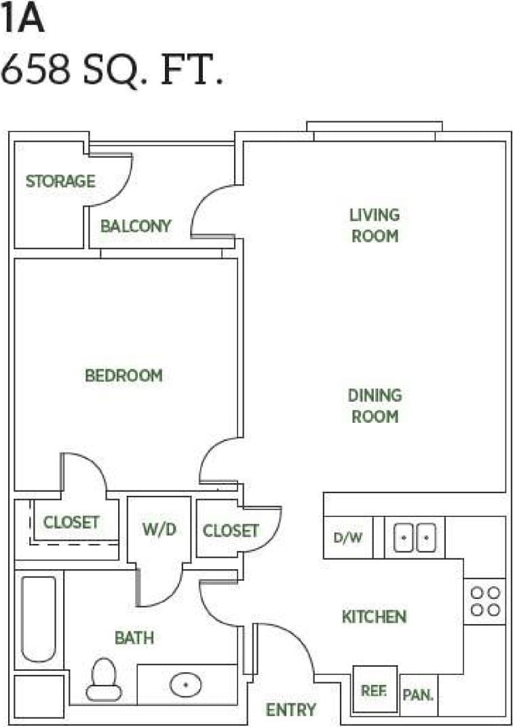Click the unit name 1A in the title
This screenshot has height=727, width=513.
(22, 20)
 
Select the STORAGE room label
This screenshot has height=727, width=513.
(60, 182)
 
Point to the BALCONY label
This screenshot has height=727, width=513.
(136, 226)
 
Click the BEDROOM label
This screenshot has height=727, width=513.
(123, 375)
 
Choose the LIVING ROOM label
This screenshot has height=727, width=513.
(374, 226)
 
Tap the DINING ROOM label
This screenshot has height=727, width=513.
(375, 405)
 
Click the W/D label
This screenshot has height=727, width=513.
(159, 529)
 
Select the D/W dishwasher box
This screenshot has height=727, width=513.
(348, 538)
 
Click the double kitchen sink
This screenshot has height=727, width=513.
(415, 537)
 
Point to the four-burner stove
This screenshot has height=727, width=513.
(484, 601)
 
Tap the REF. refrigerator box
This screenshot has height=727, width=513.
(375, 690)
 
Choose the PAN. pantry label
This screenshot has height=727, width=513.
(418, 695)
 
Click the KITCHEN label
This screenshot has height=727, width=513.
(374, 617)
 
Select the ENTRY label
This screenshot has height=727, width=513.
(290, 709)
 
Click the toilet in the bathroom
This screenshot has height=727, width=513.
(104, 679)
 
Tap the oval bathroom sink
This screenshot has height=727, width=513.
(185, 685)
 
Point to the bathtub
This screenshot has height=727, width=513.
(38, 619)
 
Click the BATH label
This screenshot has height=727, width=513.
(134, 638)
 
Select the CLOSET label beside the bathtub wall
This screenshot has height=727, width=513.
(71, 522)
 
